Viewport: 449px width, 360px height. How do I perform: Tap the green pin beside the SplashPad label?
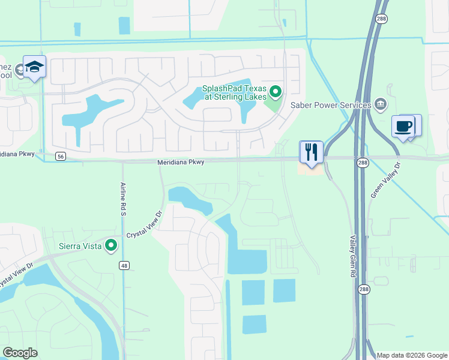pos(276,92)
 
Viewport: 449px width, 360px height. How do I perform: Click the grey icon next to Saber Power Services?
pos(380,105)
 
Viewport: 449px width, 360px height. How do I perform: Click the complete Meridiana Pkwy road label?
pos(181,162)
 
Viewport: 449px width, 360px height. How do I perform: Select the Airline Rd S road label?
pos(122,196)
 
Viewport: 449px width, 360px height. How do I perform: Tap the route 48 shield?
pos(124,265)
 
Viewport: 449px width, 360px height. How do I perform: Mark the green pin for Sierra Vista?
pos(111,245)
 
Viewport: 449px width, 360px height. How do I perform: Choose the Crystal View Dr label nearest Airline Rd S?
pos(144,225)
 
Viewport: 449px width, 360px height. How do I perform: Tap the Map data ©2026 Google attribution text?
pos(412,355)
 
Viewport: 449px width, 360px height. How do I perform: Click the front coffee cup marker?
pos(403,127)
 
